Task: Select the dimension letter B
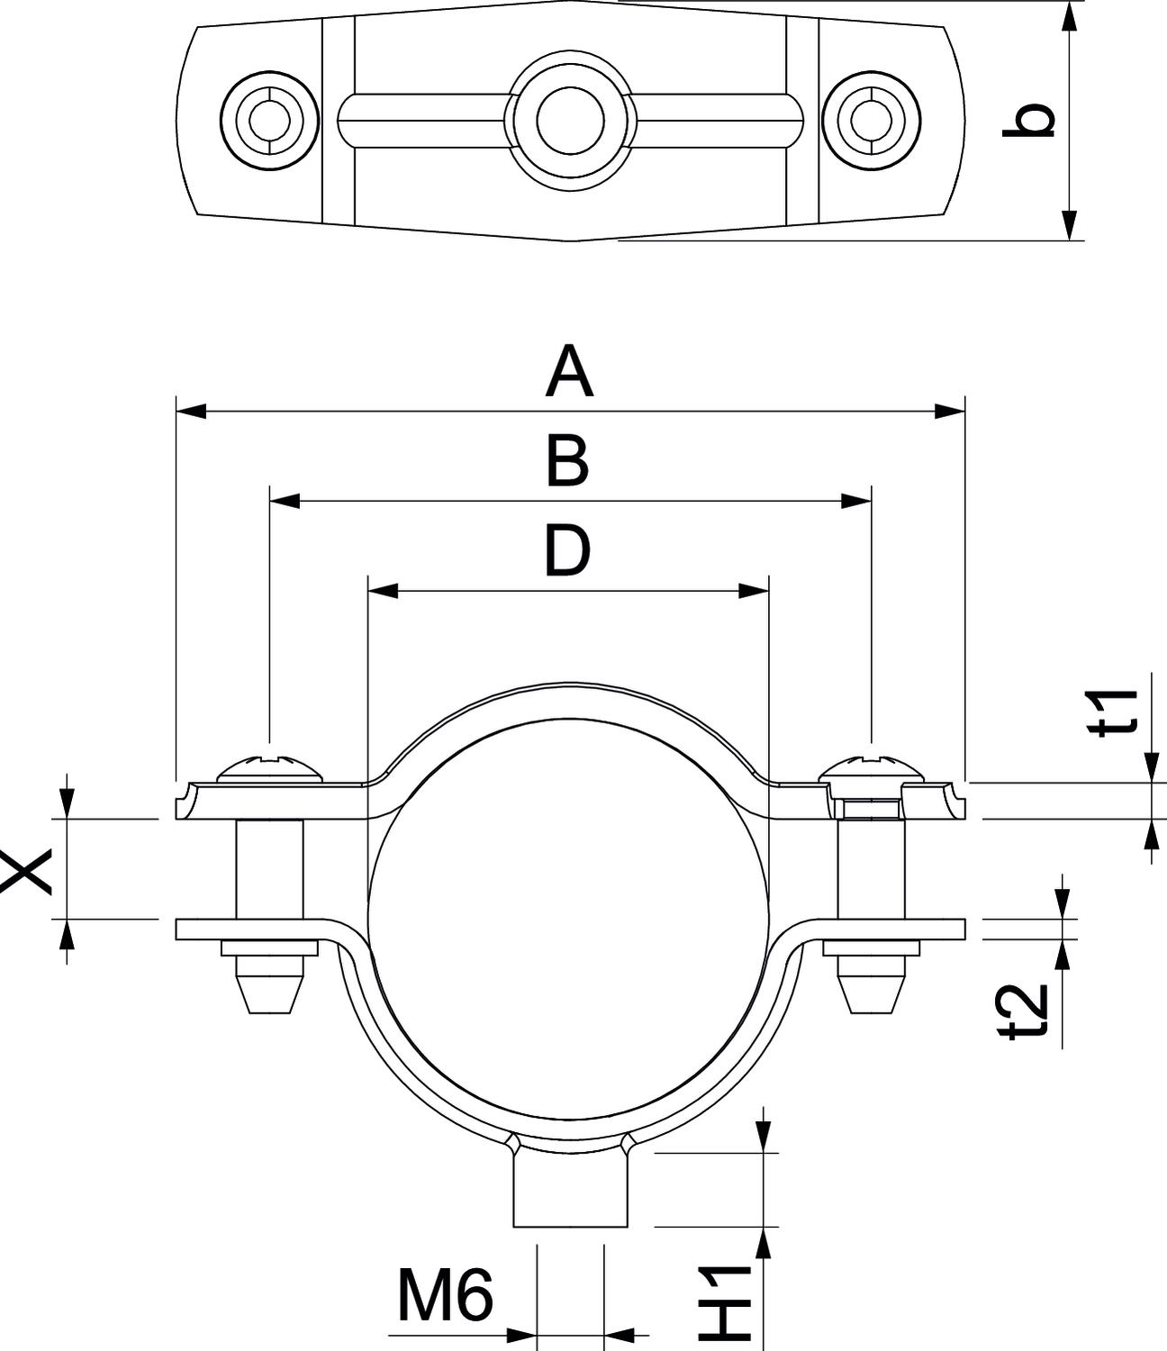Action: point(568,462)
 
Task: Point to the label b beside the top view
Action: point(1028,121)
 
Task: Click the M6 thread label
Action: point(446,1297)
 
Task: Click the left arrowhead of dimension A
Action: point(190,412)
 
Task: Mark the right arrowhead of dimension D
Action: point(754,591)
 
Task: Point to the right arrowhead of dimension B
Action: point(856,501)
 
